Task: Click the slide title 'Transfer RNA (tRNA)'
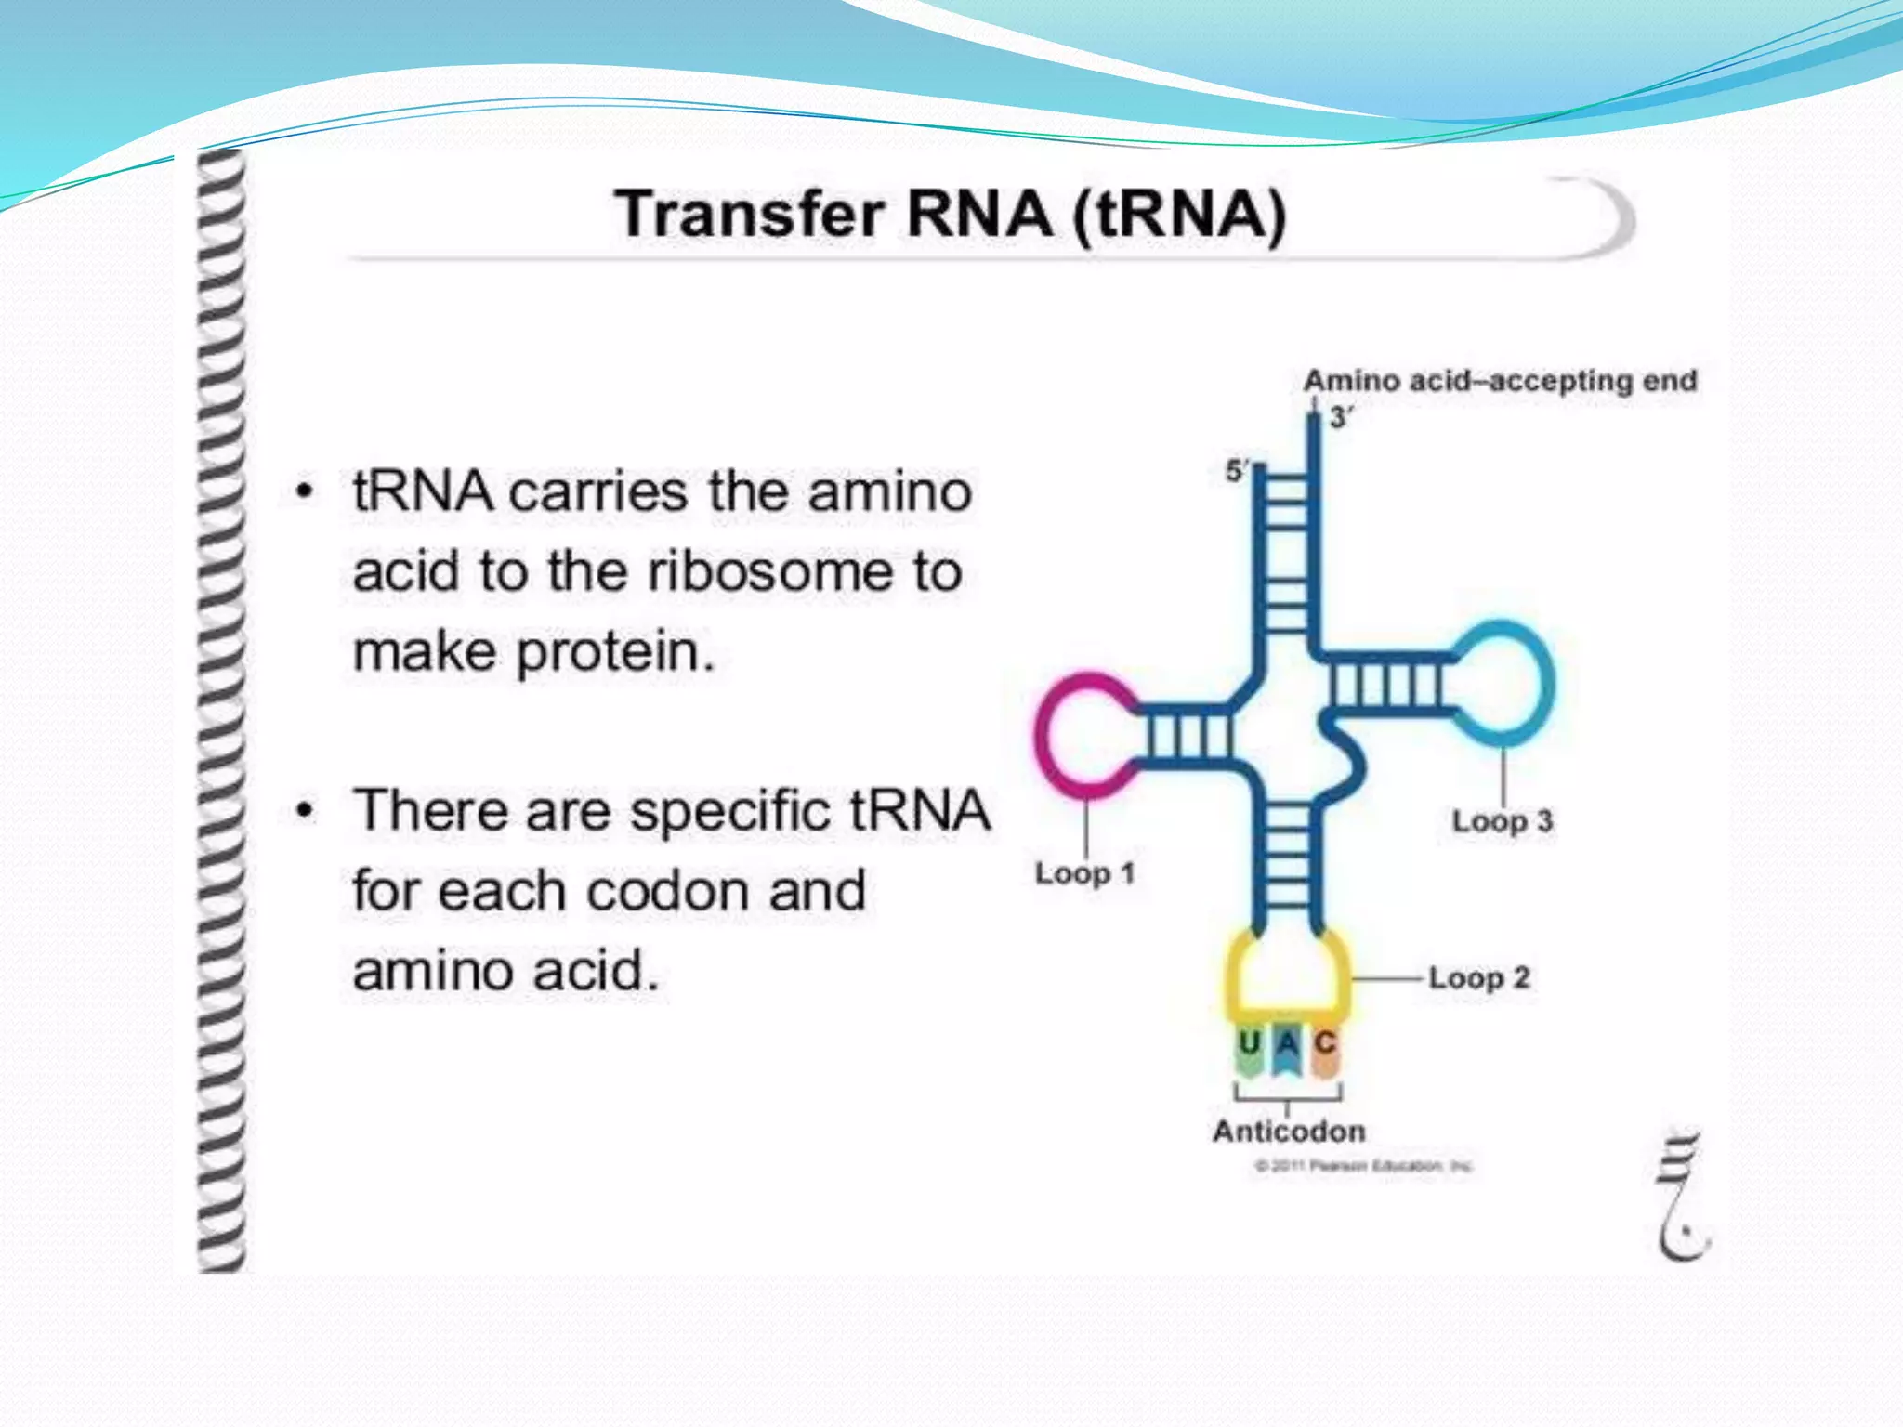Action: click(x=950, y=215)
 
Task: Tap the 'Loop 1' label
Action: click(x=1084, y=873)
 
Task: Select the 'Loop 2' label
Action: click(x=1478, y=977)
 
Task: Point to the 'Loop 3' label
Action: click(x=1502, y=821)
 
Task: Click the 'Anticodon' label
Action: click(x=1289, y=1131)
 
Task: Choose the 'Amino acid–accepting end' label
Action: click(x=1500, y=381)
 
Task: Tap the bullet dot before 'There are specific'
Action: click(x=304, y=811)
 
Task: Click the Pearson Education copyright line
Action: click(x=1363, y=1166)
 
